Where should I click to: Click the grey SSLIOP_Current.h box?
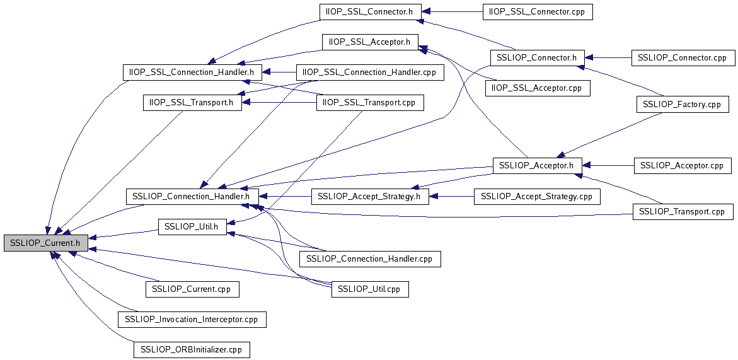45,243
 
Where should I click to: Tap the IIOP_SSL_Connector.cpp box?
537,11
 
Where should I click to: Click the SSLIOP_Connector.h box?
537,58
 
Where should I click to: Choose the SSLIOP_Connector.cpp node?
683,58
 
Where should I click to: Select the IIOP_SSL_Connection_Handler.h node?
191,73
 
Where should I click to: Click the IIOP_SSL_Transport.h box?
193,102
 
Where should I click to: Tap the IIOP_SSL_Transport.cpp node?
369,102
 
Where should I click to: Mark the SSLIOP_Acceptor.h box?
536,165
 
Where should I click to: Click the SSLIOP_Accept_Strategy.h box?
369,197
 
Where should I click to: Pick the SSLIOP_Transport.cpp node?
683,212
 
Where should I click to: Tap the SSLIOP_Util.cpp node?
369,289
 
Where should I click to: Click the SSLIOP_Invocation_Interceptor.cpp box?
192,319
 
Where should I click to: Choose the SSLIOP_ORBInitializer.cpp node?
192,349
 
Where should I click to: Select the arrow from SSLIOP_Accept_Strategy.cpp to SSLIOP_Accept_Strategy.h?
451,197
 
